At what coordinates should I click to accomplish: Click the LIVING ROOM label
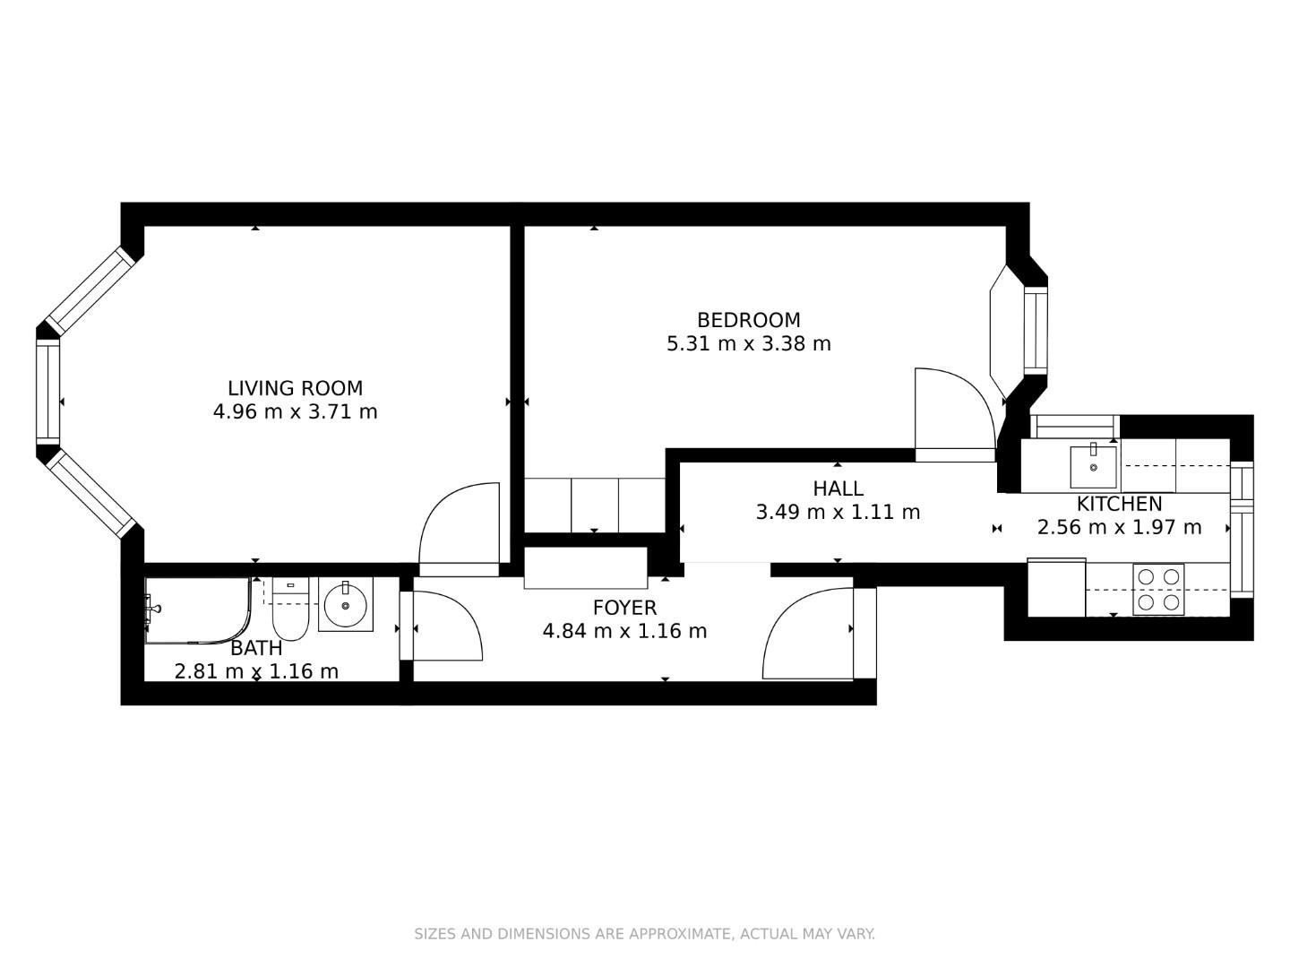click(295, 388)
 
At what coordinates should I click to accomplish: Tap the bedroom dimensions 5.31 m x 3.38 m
click(749, 343)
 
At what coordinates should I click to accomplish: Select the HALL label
click(838, 488)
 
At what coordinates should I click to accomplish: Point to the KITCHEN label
click(1119, 504)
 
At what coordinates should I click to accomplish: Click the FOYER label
click(624, 608)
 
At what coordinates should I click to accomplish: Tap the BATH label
click(256, 648)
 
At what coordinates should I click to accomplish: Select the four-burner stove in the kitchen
click(1158, 590)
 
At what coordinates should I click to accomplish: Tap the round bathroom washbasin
click(345, 606)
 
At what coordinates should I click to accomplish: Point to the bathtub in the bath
click(197, 610)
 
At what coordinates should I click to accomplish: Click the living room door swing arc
click(457, 529)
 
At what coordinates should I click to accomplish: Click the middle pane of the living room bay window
click(47, 392)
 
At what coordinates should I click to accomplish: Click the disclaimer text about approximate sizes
click(644, 934)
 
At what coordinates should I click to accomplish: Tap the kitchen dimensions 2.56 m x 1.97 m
click(1119, 527)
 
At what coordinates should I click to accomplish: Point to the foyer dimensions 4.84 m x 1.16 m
click(624, 631)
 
